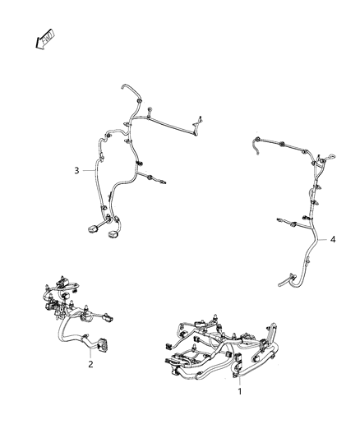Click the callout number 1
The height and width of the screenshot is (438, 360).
pyautogui.click(x=239, y=392)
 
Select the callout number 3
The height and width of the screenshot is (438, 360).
pyautogui.click(x=76, y=171)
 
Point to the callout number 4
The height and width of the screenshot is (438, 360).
pyautogui.click(x=332, y=240)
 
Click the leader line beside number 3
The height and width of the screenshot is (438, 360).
pyautogui.click(x=89, y=171)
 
